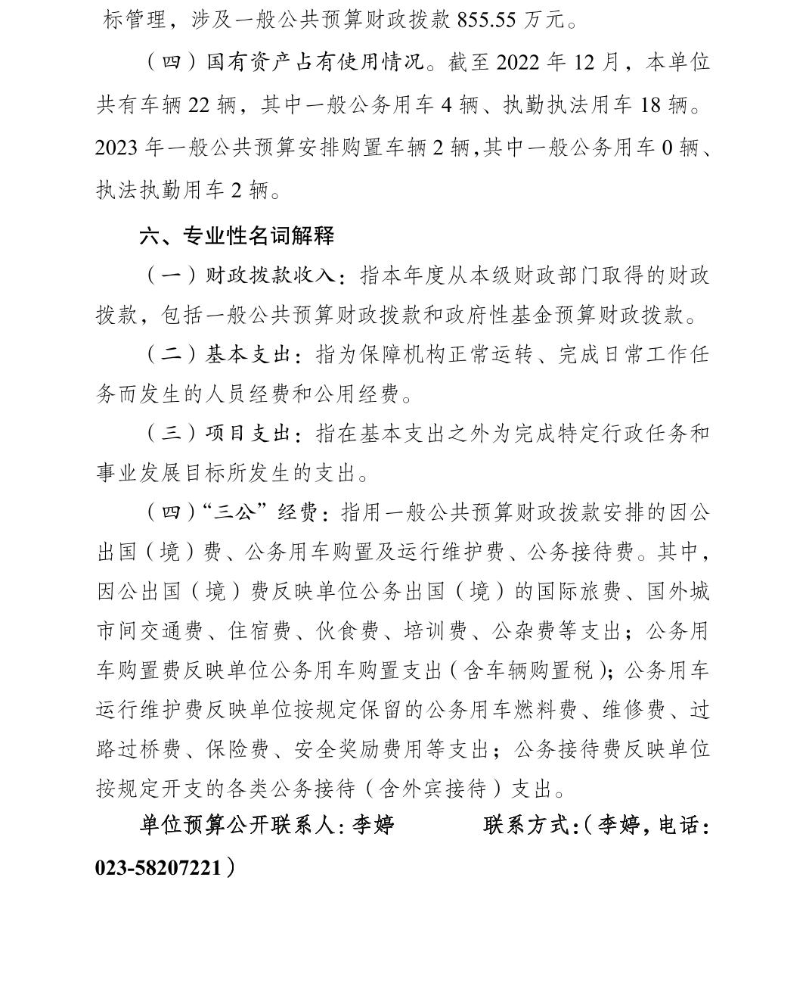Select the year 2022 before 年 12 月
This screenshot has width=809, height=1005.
(518, 63)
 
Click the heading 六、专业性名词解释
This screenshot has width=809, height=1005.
(236, 236)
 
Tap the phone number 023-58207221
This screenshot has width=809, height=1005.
(159, 867)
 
